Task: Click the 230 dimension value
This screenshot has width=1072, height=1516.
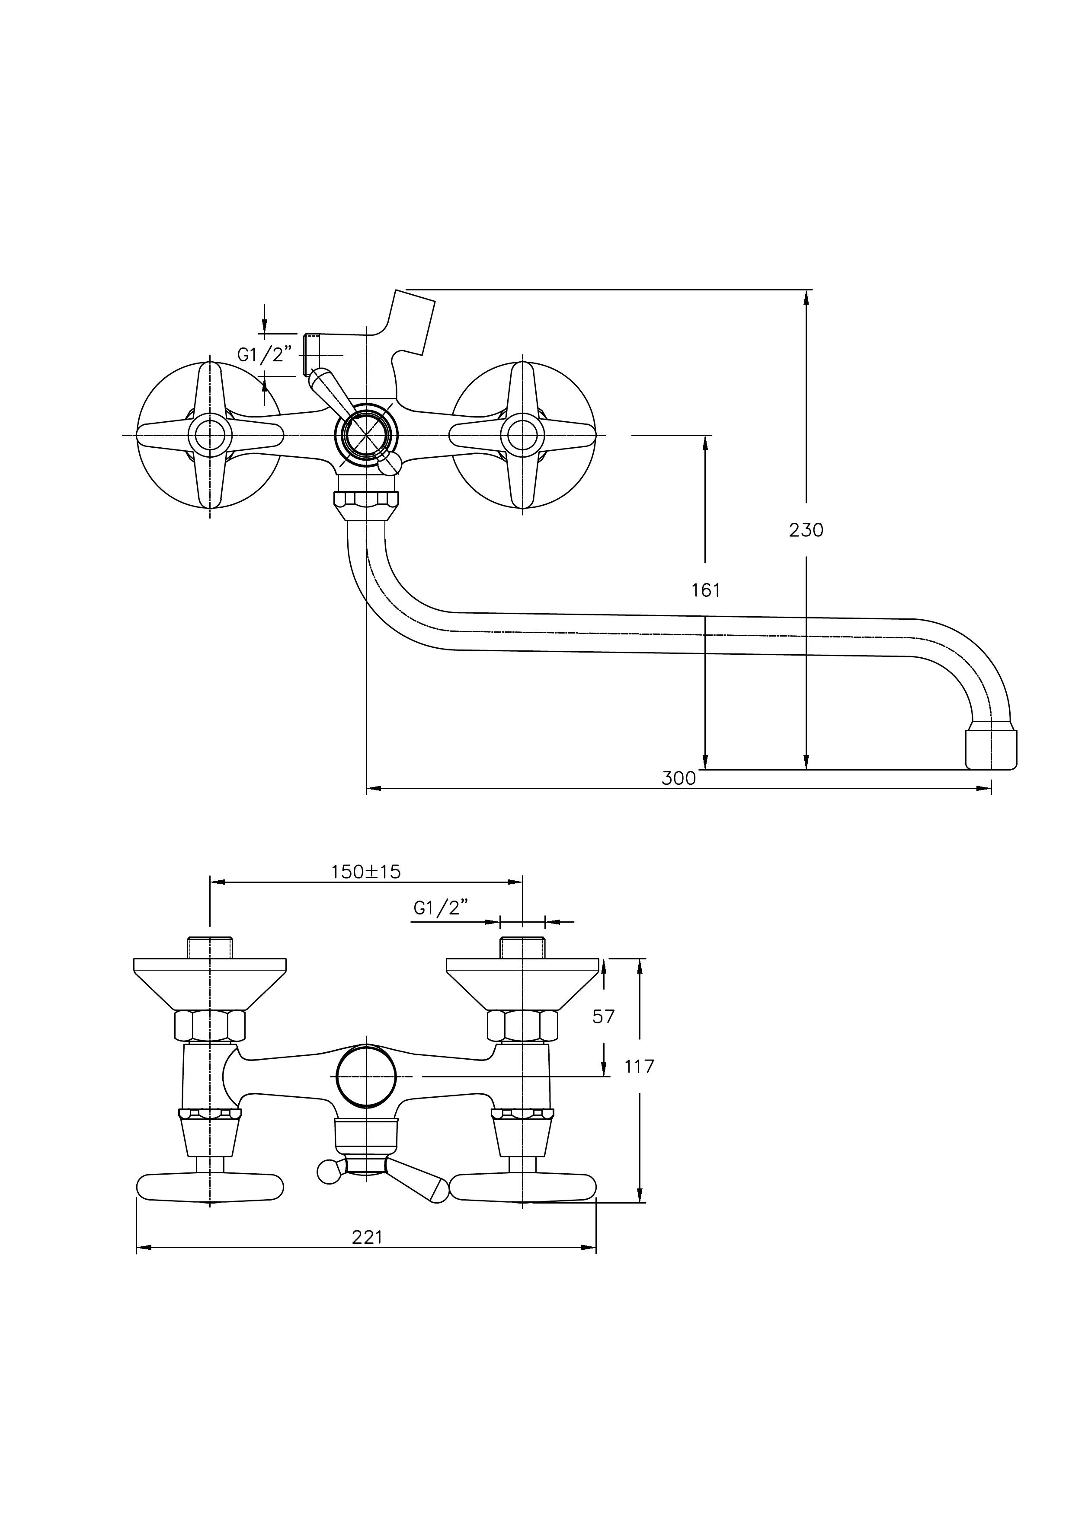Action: pos(806,530)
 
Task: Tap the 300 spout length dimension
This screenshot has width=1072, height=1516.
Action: pos(679,778)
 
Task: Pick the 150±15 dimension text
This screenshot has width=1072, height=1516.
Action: pos(366,872)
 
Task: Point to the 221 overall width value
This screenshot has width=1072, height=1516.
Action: pos(367,1237)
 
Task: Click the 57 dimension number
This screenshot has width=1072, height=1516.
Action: pos(603,1016)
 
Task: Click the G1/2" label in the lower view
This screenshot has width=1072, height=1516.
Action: pos(441,908)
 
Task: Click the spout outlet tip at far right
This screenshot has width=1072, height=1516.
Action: pos(991,749)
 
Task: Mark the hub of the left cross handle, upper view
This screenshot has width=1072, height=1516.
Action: pos(210,435)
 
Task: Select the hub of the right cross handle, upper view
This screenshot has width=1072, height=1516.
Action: pos(522,435)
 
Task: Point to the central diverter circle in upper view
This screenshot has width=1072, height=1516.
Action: pos(367,435)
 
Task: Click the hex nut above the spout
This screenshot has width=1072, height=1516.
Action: pos(367,500)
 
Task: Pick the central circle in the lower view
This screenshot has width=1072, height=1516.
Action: pos(367,1076)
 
